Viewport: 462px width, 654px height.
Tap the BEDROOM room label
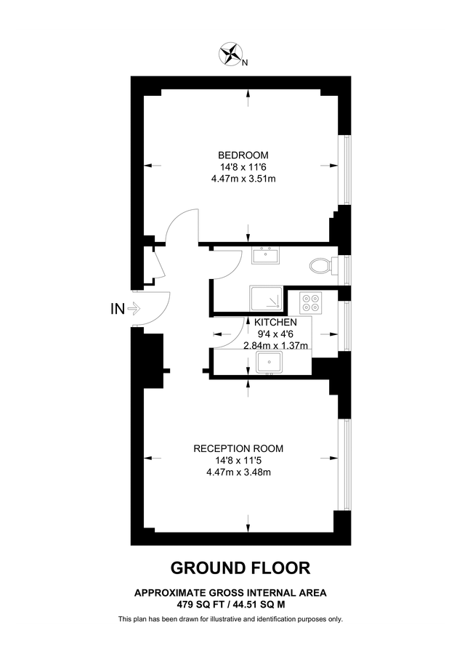point(243,155)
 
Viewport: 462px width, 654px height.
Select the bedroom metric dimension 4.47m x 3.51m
point(243,179)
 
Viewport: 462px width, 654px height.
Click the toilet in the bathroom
point(320,266)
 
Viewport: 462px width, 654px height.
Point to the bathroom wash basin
point(267,255)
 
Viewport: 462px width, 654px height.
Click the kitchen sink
point(274,360)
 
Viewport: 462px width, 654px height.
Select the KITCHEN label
point(275,322)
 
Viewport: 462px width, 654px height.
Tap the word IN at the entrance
point(116,309)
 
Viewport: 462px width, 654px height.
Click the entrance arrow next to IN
point(133,309)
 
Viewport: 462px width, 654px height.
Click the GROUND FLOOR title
point(230,567)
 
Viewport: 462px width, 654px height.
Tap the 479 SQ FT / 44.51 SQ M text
point(230,603)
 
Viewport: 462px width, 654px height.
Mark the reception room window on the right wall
point(346,462)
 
